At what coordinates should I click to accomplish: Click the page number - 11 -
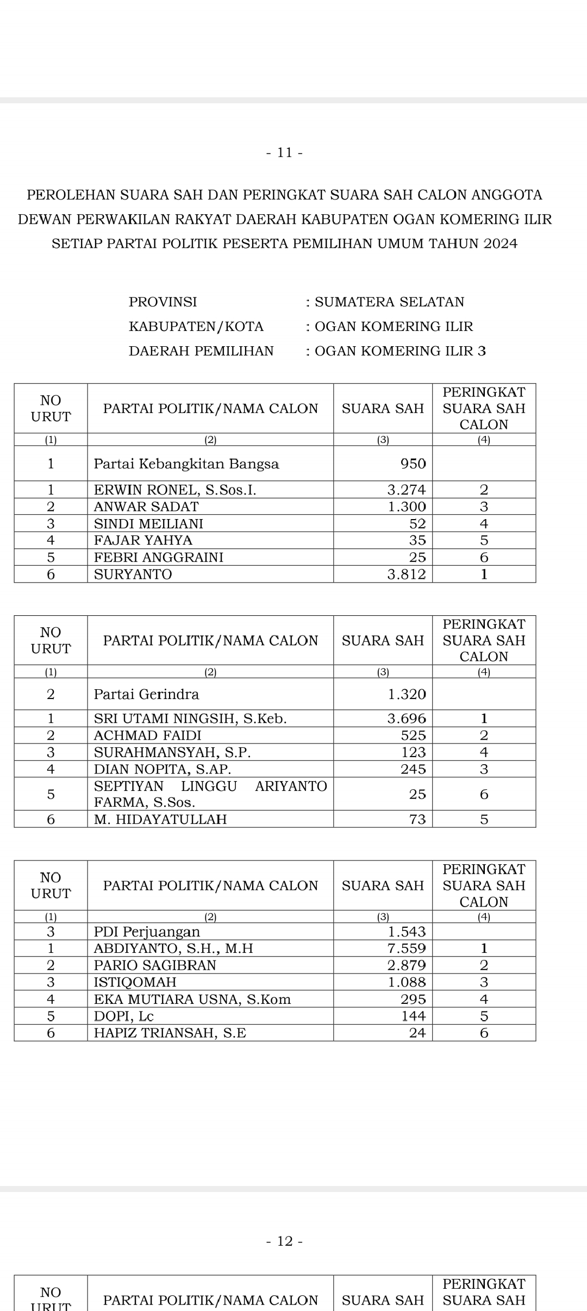285,153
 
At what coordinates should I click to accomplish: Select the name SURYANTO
133,575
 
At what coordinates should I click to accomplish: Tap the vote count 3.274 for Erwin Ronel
406,490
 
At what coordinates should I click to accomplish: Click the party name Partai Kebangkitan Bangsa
186,464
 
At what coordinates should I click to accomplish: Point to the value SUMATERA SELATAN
389,302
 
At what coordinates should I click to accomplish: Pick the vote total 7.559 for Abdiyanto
407,948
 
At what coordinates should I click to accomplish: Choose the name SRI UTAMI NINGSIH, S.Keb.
190,719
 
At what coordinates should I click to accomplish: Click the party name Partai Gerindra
146,694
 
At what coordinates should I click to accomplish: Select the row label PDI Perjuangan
147,932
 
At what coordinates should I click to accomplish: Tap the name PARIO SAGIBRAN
155,965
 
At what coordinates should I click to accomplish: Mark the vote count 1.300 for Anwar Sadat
407,507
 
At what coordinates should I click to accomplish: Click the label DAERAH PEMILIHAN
201,351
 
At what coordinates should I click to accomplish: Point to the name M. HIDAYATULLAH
160,819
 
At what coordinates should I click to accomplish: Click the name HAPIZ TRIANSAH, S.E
170,1033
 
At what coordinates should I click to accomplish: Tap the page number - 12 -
285,1241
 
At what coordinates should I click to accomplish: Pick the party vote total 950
413,464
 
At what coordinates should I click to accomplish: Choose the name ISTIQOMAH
135,982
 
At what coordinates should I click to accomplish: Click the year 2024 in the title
500,244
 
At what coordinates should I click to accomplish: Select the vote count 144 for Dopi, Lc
414,1016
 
